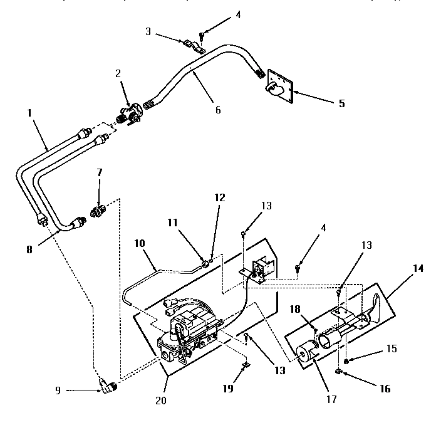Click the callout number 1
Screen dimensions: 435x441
[29, 115]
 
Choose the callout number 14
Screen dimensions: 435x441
[418, 268]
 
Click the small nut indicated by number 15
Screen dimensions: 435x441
[346, 363]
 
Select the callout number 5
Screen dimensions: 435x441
[341, 103]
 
